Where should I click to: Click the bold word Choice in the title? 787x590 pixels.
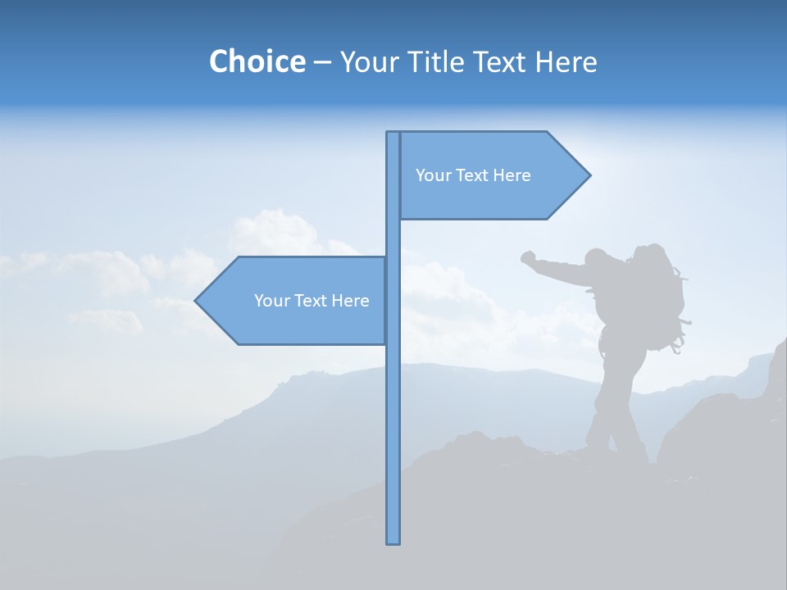tap(257, 61)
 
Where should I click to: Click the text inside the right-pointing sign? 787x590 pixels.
tap(473, 175)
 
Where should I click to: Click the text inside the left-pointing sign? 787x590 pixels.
tap(312, 301)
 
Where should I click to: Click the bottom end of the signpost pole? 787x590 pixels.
tap(393, 541)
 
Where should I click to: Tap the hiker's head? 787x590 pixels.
tap(597, 258)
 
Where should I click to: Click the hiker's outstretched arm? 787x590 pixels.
tap(562, 271)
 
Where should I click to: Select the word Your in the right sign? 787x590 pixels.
tap(433, 175)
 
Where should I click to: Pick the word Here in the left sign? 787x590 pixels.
tap(350, 301)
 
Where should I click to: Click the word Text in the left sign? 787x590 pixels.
tap(311, 301)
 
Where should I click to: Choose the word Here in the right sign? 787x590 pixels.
tap(512, 175)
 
